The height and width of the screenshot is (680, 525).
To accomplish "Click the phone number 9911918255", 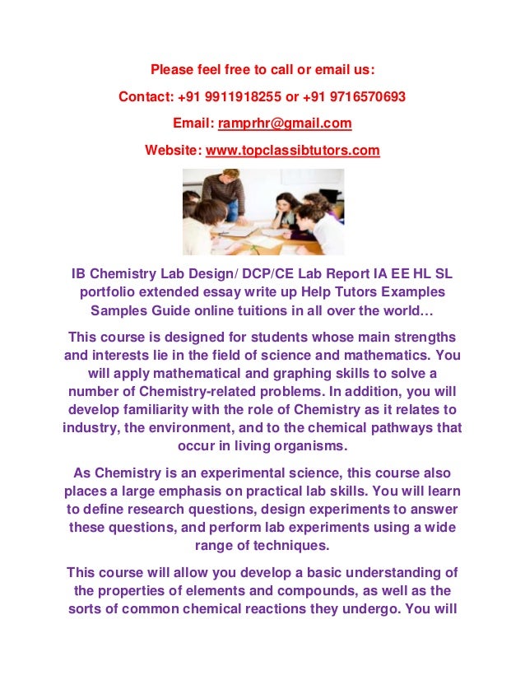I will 246,96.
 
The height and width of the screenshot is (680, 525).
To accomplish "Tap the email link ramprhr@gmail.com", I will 284,123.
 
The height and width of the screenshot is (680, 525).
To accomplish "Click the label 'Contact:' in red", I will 145,96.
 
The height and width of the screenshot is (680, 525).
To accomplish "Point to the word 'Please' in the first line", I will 170,69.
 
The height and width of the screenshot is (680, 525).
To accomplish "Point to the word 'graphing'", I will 272,374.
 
